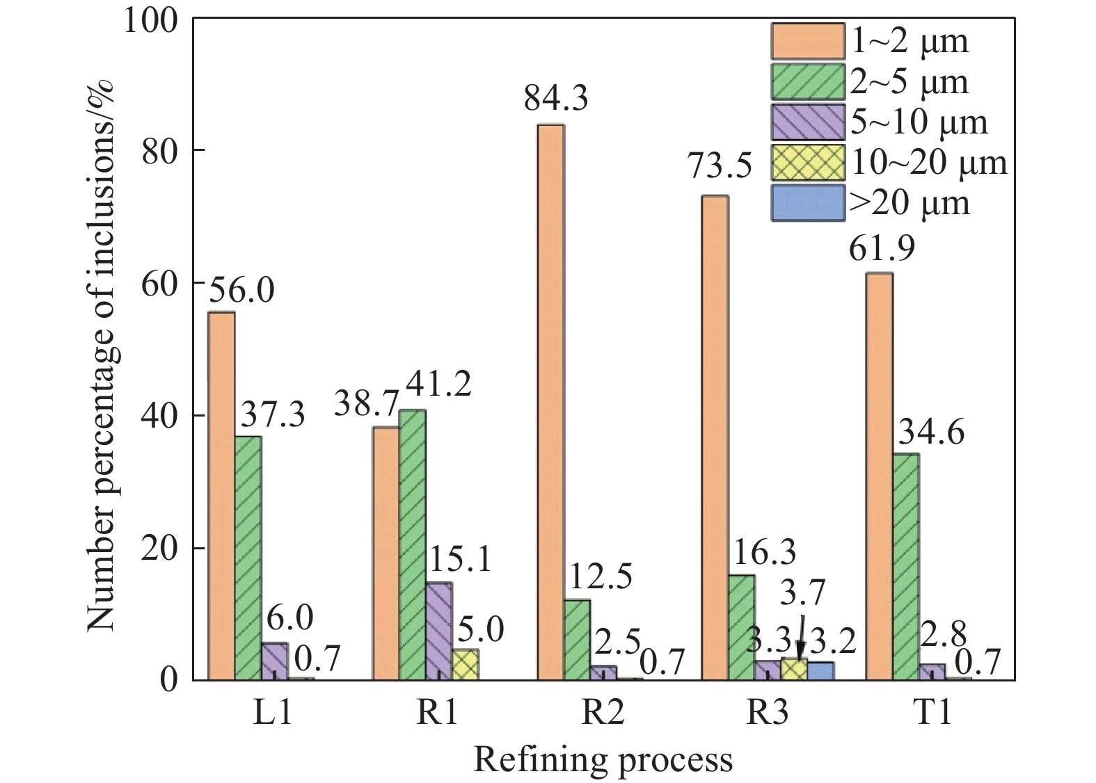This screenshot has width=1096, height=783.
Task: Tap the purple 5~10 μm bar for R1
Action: click(x=439, y=631)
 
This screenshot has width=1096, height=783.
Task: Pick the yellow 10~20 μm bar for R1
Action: click(x=466, y=664)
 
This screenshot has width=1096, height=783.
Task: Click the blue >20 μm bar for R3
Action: click(x=820, y=670)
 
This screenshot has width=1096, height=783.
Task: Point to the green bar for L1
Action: click(x=248, y=558)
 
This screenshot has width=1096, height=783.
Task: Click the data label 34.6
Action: click(x=931, y=433)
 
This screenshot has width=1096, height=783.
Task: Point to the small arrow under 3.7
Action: click(x=801, y=636)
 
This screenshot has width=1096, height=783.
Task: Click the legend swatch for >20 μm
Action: click(x=807, y=202)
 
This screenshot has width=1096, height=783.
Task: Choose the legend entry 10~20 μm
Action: click(x=928, y=163)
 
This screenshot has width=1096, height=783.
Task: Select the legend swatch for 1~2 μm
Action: click(x=807, y=41)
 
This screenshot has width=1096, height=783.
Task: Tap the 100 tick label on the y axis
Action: click(x=151, y=20)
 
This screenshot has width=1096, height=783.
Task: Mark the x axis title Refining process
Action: click(x=603, y=760)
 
